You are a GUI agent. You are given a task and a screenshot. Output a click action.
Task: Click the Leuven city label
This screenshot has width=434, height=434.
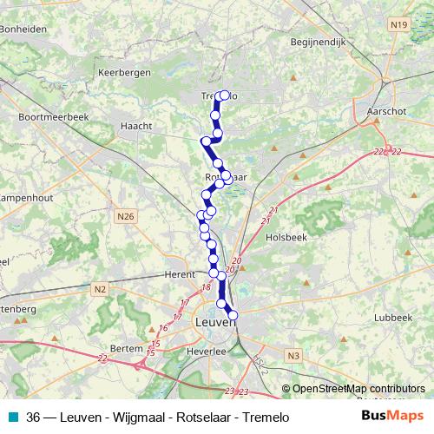click(x=216, y=322)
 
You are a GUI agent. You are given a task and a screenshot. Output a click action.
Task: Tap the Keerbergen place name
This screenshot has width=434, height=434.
click(x=126, y=73)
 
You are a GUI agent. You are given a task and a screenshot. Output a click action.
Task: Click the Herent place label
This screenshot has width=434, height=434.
click(x=180, y=274)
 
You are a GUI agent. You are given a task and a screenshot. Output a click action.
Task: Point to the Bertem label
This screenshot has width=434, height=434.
click(x=127, y=348)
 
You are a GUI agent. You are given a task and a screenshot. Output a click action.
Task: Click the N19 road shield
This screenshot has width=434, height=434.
click(x=398, y=25)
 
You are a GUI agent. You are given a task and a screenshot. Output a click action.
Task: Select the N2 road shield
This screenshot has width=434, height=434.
click(x=101, y=289)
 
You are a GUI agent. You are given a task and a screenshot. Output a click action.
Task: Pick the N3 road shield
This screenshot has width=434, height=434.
click(x=293, y=355)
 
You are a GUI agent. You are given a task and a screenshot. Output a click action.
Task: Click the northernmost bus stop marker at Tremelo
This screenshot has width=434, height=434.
click(x=226, y=95)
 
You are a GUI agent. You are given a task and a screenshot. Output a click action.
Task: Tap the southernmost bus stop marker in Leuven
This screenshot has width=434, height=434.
click(x=233, y=314)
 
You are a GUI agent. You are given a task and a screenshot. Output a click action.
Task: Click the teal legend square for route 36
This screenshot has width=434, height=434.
click(x=10, y=416)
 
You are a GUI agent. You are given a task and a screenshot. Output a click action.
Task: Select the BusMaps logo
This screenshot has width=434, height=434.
click(x=393, y=416)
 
